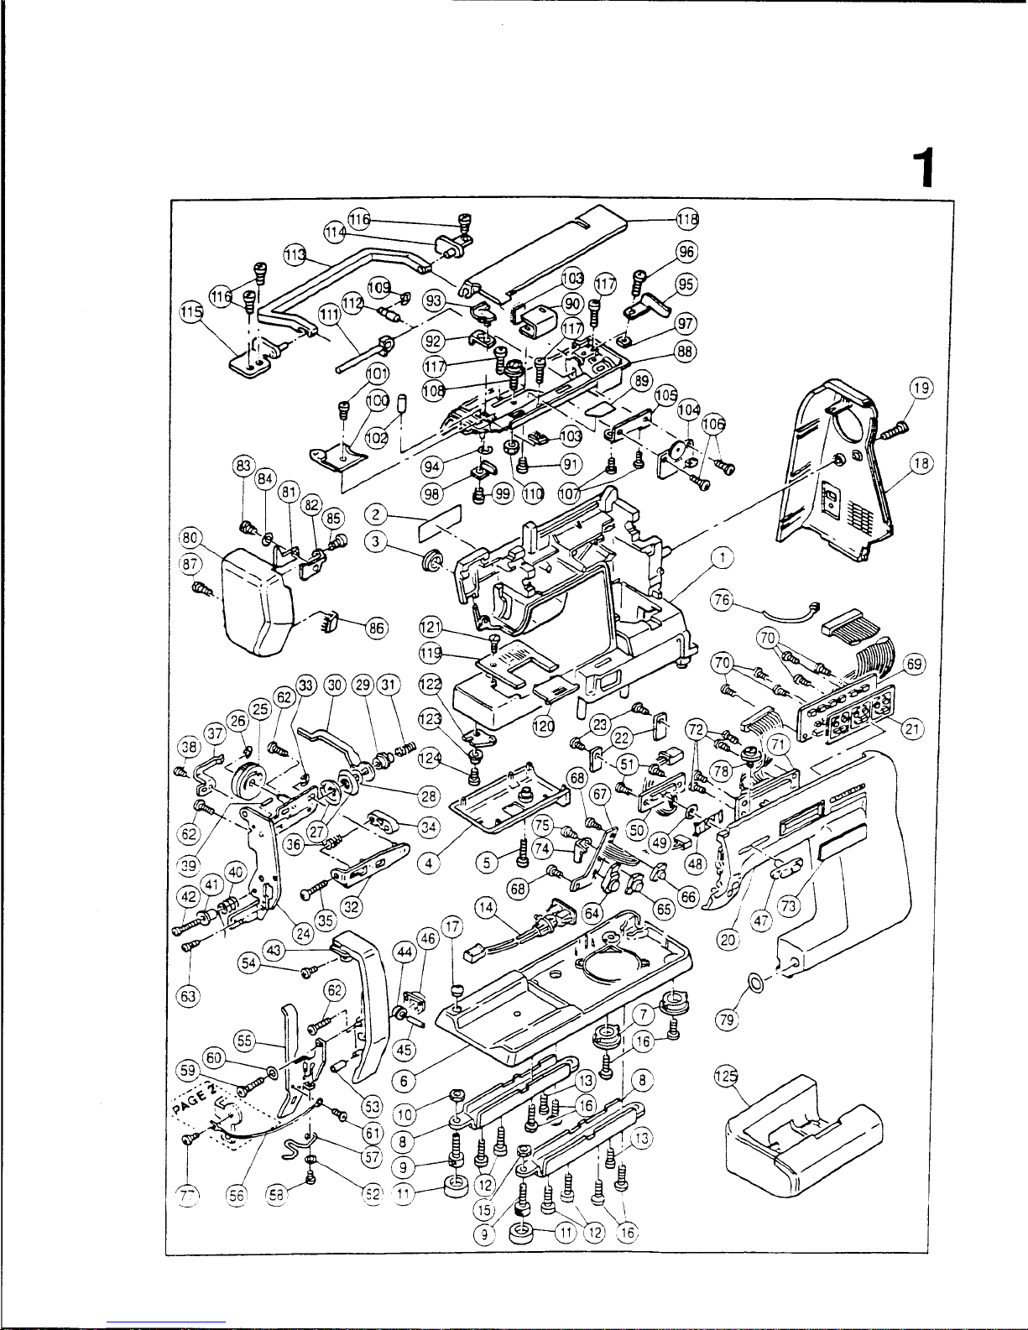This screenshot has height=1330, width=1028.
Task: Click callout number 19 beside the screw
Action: click(x=921, y=387)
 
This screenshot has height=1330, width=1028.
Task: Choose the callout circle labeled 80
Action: click(x=190, y=537)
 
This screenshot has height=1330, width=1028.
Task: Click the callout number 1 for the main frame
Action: click(x=723, y=557)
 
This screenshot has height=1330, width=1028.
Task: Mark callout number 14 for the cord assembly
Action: click(x=485, y=905)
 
